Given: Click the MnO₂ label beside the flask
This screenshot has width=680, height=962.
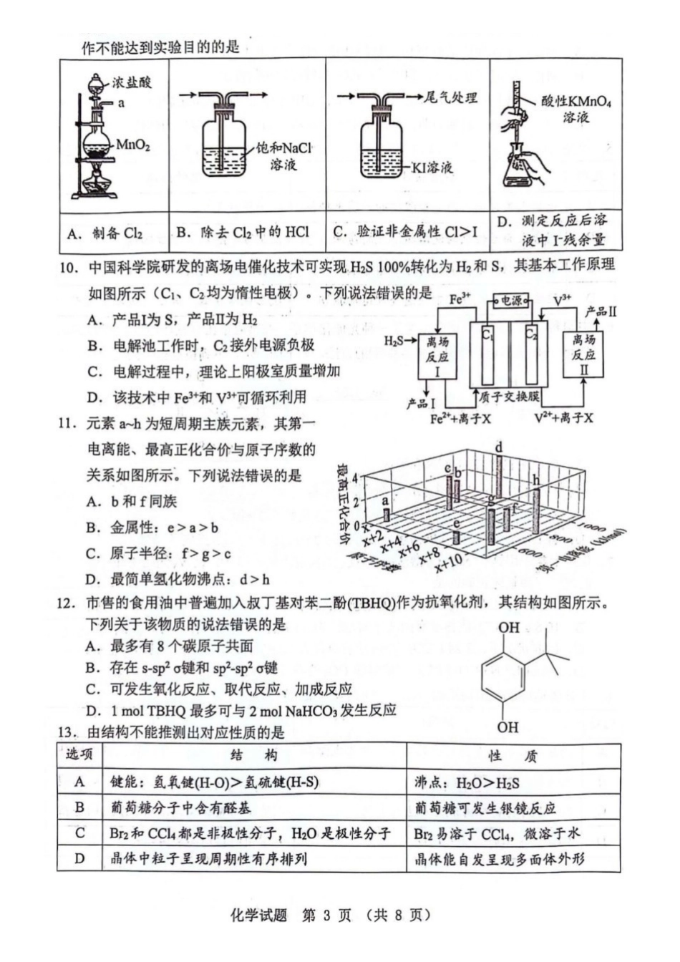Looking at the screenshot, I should pyautogui.click(x=132, y=145).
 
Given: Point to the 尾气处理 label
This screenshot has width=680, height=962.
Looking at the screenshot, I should pyautogui.click(x=450, y=97).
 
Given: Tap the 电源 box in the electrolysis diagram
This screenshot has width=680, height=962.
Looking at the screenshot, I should pyautogui.click(x=511, y=301).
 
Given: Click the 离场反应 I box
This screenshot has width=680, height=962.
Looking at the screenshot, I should pyautogui.click(x=437, y=356).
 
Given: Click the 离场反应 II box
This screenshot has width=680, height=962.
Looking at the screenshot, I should pyautogui.click(x=583, y=356).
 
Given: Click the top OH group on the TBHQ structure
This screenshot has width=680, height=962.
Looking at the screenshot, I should pyautogui.click(x=508, y=628).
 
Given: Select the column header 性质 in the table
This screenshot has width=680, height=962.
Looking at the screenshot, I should pyautogui.click(x=512, y=756).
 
